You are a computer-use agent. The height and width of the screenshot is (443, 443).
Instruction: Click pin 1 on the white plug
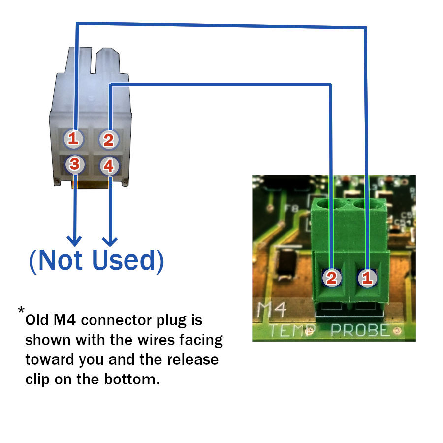coord(73,139)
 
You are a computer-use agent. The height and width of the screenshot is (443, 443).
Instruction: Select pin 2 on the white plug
coord(108,140)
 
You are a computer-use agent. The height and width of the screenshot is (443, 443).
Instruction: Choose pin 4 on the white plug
coord(109,166)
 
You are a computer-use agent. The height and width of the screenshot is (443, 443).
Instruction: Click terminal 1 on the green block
coord(367,278)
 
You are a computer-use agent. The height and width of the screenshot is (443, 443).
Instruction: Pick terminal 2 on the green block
coord(331,278)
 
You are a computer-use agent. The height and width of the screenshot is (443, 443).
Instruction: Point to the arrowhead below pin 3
coord(74,241)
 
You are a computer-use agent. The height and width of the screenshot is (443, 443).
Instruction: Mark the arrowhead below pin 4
coord(110,241)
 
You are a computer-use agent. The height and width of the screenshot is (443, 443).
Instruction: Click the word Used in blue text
coord(121,260)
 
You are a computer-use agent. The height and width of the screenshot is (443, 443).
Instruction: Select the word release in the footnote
coord(193,359)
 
